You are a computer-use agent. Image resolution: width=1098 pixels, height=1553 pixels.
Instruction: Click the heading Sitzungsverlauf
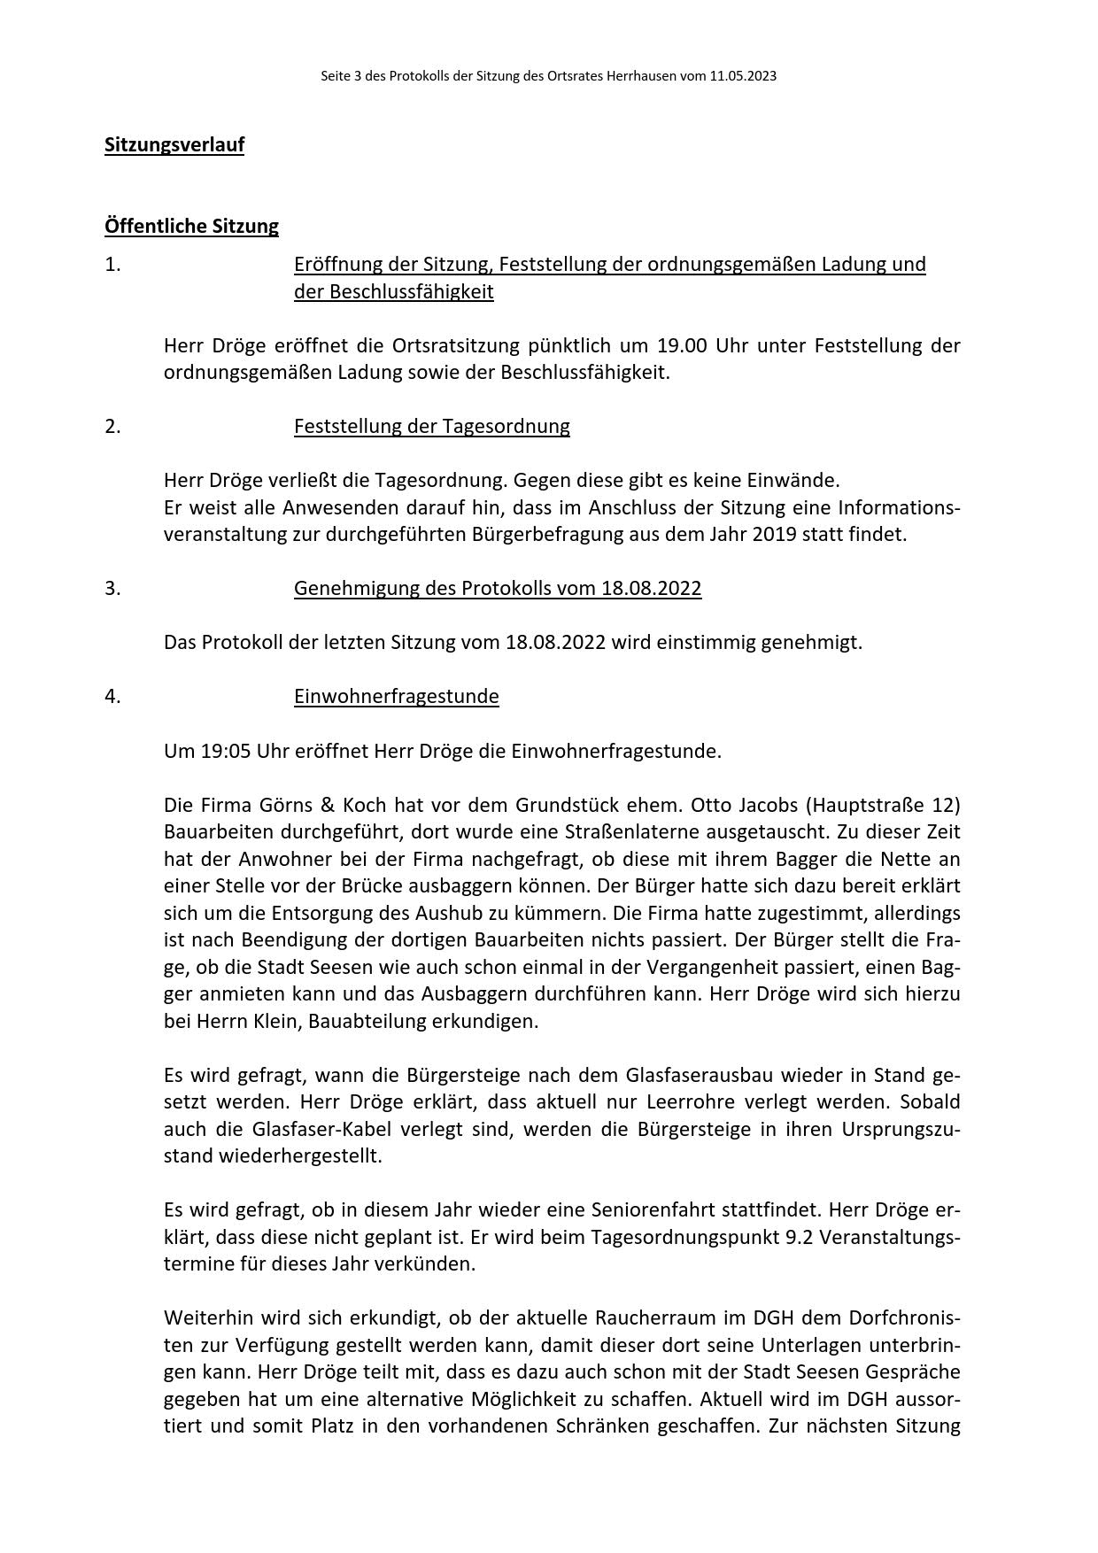pyautogui.click(x=174, y=144)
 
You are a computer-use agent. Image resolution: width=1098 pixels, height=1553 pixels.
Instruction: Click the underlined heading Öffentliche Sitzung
pyautogui.click(x=191, y=226)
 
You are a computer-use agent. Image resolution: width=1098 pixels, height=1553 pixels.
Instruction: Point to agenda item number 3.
pyautogui.click(x=112, y=588)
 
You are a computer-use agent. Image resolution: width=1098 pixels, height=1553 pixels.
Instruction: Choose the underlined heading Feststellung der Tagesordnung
pyautogui.click(x=432, y=426)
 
